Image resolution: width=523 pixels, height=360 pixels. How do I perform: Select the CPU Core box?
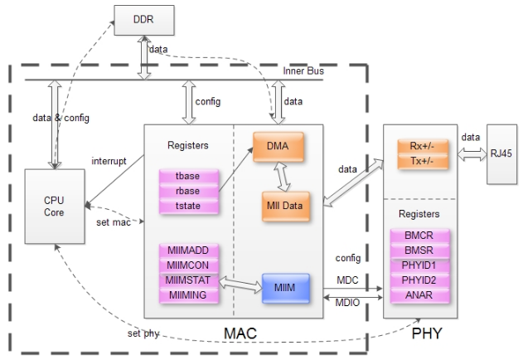(x=54, y=206)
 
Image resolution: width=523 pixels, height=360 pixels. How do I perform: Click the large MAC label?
(x=240, y=333)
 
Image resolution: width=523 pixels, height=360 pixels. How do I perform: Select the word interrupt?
(x=109, y=161)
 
